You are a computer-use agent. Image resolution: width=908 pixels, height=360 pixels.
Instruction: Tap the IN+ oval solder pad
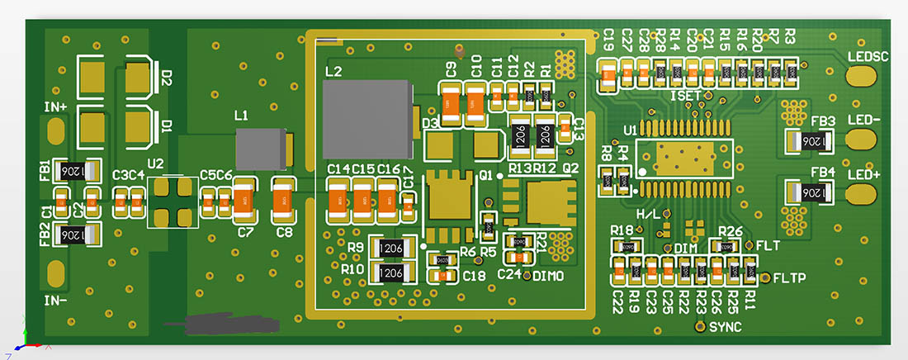point(56,130)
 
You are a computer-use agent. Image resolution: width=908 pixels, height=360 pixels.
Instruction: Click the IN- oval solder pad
point(56,272)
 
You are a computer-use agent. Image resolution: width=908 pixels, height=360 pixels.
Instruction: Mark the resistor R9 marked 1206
point(391,247)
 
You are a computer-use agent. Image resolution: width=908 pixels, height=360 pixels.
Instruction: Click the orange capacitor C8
point(284,198)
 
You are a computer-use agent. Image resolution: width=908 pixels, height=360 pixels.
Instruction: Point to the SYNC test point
point(699,327)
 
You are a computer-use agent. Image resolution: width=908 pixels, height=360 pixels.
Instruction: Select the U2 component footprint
point(173,201)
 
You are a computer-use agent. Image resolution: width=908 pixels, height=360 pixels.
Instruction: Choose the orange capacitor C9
point(451,104)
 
